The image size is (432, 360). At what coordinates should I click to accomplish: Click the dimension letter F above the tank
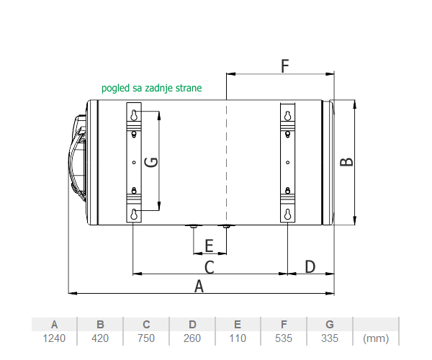285,66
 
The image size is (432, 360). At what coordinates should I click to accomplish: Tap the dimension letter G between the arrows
151,162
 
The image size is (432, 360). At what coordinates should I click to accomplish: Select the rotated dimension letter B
346,162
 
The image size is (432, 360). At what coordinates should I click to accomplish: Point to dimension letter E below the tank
210,246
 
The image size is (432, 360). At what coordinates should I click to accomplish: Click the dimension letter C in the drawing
210,267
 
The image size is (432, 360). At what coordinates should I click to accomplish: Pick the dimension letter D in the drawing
310,266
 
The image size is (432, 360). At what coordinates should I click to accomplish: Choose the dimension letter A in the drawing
199,286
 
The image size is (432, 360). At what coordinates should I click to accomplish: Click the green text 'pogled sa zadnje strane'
151,88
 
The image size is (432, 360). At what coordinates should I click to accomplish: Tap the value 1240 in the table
54,338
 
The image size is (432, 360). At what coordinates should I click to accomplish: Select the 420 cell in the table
100,338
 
